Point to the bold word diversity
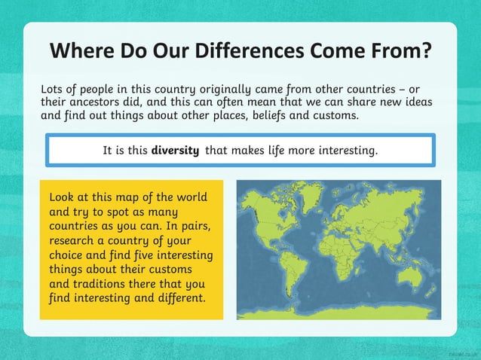[175, 150]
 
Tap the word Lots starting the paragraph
[53, 89]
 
